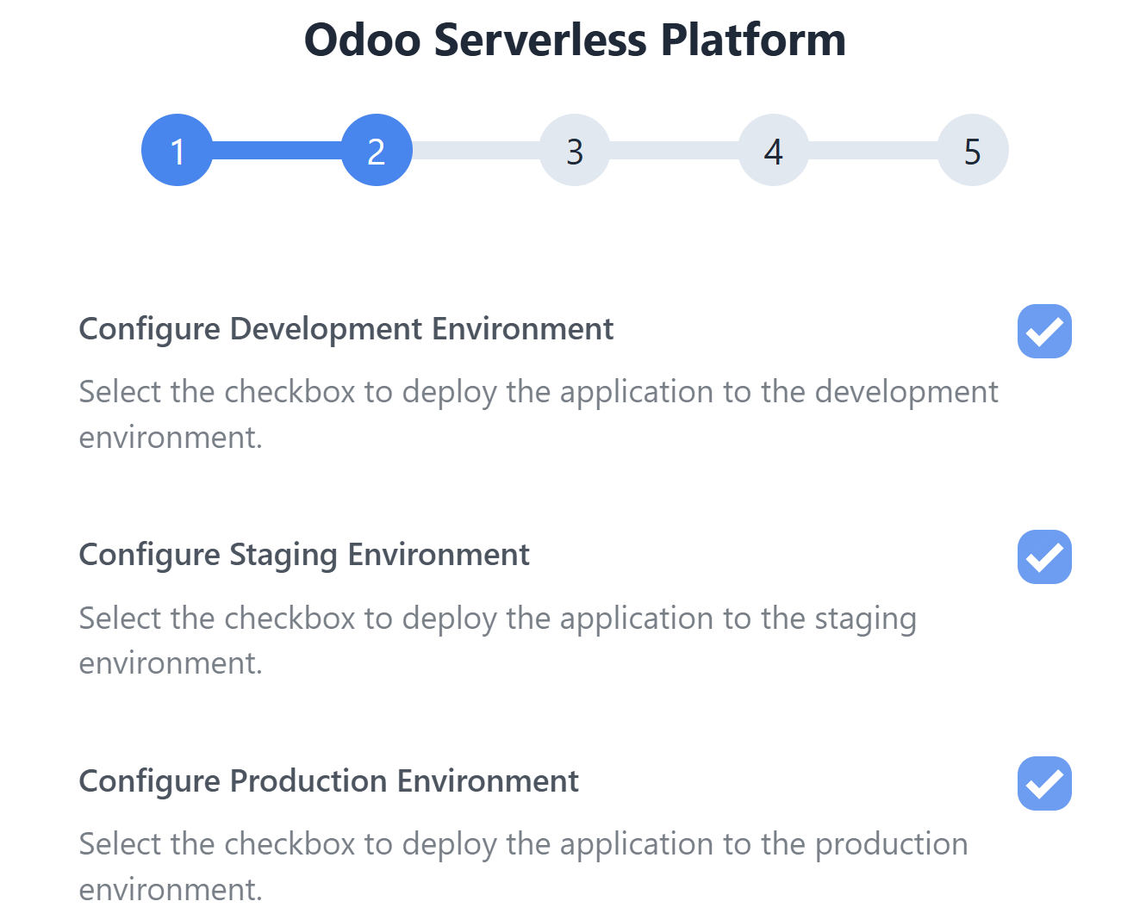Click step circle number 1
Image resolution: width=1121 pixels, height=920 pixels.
(x=177, y=150)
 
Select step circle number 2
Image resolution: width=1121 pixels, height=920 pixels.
(x=377, y=150)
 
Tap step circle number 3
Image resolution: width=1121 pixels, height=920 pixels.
(x=575, y=150)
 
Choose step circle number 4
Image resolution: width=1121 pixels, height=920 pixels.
(x=774, y=150)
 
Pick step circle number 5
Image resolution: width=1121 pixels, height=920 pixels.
(x=972, y=150)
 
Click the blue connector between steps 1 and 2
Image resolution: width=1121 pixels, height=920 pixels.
(x=277, y=150)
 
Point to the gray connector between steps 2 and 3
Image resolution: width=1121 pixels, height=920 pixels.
(x=476, y=150)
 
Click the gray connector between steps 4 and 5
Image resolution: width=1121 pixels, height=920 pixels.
(x=873, y=150)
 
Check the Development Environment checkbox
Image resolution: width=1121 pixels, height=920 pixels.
(x=1044, y=331)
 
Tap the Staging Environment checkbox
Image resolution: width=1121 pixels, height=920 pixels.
(x=1044, y=557)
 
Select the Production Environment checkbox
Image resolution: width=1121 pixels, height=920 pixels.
(x=1044, y=783)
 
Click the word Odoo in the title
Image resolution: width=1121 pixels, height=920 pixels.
(x=363, y=40)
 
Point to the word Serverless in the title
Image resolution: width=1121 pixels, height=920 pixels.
(x=540, y=40)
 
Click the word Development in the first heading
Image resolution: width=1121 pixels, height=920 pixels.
(x=326, y=331)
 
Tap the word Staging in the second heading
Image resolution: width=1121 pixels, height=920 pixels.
(x=283, y=556)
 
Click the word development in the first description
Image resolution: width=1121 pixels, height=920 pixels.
(x=906, y=394)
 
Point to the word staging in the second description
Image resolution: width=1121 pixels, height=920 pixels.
(x=865, y=619)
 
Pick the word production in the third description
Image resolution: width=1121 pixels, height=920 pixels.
(x=891, y=846)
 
